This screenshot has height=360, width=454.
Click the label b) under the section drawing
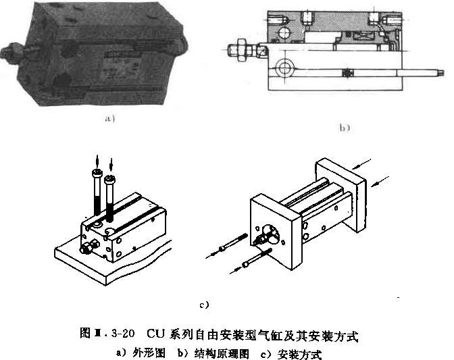(x=344, y=126)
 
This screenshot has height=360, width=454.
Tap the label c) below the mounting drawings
(x=205, y=305)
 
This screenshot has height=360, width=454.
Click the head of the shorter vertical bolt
(x=112, y=179)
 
